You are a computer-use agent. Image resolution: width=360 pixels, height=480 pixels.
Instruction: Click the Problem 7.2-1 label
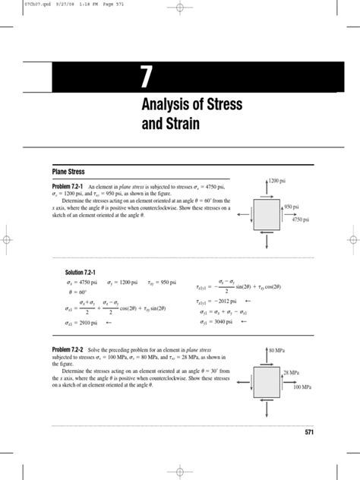pyautogui.click(x=69, y=186)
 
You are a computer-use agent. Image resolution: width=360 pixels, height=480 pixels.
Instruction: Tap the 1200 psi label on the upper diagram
pyautogui.click(x=280, y=181)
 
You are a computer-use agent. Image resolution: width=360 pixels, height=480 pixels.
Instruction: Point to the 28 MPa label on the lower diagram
pyautogui.click(x=292, y=371)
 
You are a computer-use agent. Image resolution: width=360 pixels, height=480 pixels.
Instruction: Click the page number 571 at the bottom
pyautogui.click(x=308, y=432)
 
